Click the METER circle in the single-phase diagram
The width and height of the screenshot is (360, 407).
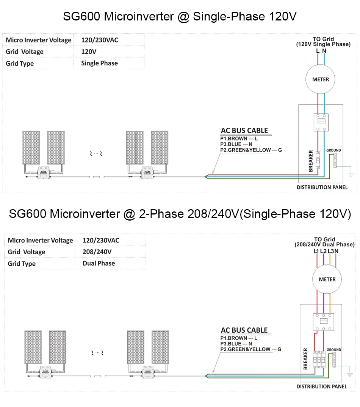point(321,80)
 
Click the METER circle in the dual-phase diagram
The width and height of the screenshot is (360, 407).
point(327,279)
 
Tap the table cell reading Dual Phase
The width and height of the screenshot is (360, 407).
point(99,263)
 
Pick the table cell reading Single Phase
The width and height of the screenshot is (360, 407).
point(99,63)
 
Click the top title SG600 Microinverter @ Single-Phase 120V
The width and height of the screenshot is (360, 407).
point(180,17)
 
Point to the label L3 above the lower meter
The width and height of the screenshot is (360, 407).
point(330,251)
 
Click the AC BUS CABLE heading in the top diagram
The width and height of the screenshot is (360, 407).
point(244,131)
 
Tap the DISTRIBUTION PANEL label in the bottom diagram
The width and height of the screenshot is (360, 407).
point(321,387)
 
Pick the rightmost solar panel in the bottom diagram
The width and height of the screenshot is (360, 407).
point(160,347)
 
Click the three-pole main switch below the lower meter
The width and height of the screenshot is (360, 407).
point(323,321)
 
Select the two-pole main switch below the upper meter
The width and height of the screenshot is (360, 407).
point(321,122)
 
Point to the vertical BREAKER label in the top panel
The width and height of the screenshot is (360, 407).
point(311,161)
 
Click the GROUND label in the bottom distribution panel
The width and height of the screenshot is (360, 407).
point(333,350)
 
